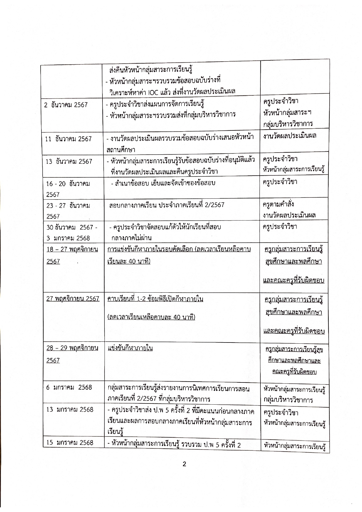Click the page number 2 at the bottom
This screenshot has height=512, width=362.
click(x=184, y=464)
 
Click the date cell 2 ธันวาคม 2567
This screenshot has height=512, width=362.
click(x=66, y=105)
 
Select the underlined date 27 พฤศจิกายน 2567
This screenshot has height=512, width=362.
click(x=73, y=299)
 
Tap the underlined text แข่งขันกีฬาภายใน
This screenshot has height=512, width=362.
click(x=130, y=348)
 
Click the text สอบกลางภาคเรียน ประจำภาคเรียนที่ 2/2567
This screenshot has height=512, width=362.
click(x=167, y=205)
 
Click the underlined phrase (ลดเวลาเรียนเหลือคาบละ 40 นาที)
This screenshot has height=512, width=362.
click(x=151, y=317)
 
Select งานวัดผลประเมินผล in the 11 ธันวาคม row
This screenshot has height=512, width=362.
click(x=290, y=136)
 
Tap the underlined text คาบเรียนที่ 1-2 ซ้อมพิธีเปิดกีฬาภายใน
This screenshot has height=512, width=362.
click(x=155, y=299)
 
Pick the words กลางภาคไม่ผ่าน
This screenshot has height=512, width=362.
click(x=131, y=238)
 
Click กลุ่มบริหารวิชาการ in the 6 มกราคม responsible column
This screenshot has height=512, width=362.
click(x=288, y=400)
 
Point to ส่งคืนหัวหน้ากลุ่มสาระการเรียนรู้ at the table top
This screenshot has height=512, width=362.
click(x=151, y=70)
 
